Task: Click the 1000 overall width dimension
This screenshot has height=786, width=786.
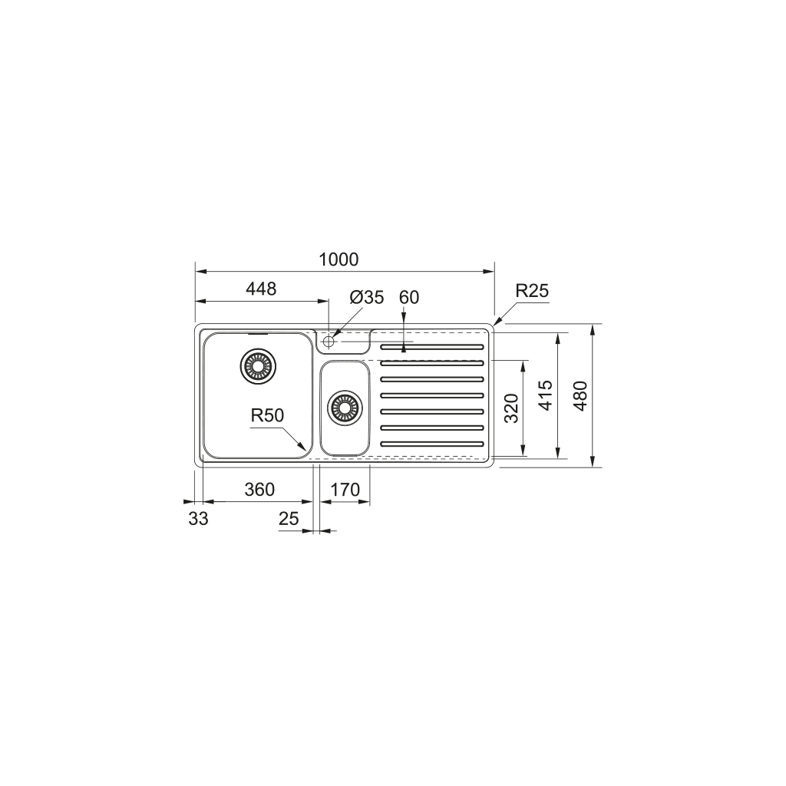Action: click(x=339, y=259)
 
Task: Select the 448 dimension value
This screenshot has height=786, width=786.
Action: click(x=260, y=289)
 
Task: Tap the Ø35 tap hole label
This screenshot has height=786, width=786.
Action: click(x=366, y=297)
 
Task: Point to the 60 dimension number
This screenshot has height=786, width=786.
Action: click(x=409, y=297)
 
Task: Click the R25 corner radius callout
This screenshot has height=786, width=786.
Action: click(x=532, y=291)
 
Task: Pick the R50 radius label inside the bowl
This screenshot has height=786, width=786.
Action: click(x=267, y=415)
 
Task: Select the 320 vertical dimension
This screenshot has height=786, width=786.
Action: click(x=512, y=408)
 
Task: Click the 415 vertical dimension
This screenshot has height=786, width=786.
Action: click(x=546, y=395)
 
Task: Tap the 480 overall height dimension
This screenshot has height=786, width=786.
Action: click(x=580, y=395)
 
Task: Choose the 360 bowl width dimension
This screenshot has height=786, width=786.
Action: click(x=259, y=489)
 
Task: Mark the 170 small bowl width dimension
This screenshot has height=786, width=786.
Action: click(x=345, y=489)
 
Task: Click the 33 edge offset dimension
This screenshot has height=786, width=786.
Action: click(x=198, y=519)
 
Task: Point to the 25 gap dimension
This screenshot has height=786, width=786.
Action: click(x=289, y=519)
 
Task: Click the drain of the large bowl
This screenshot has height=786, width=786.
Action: click(x=257, y=366)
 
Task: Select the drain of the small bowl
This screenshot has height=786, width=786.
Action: click(x=344, y=407)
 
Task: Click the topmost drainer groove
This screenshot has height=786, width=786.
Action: click(x=432, y=348)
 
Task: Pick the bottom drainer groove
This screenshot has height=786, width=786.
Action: click(x=432, y=444)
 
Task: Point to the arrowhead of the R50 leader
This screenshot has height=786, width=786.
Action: click(x=307, y=449)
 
